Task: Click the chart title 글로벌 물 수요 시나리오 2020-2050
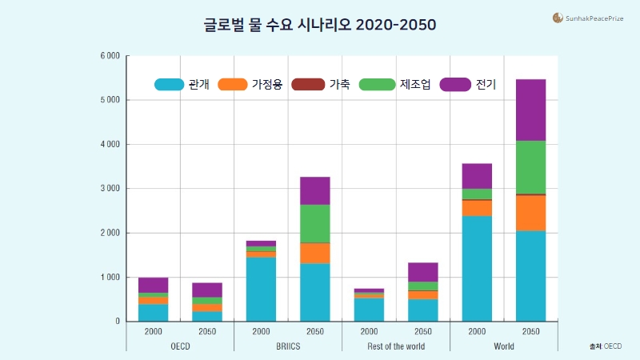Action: tap(320, 25)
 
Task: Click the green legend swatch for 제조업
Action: tap(377, 84)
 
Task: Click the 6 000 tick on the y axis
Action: tap(110, 56)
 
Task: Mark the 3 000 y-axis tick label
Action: tap(110, 189)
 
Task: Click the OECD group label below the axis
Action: tap(180, 346)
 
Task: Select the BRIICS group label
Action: tap(288, 346)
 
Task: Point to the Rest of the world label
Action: tap(396, 346)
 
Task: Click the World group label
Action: tap(504, 346)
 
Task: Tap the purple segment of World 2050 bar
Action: tap(530, 110)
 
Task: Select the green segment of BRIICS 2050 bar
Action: tap(314, 223)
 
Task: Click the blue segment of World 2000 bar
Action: tap(477, 268)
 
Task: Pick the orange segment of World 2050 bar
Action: tap(530, 213)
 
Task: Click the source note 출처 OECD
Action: tap(606, 346)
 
